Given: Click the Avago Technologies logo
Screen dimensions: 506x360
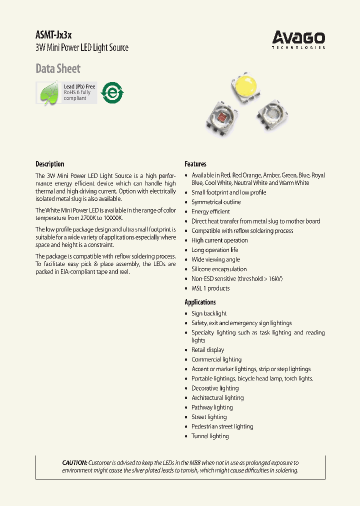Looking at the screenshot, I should click(298, 39).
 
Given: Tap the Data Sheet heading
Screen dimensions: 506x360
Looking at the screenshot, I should click(58, 68).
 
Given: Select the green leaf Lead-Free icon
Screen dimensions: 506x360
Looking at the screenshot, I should click(49, 93).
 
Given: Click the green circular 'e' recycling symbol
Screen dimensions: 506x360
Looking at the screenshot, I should click(112, 92).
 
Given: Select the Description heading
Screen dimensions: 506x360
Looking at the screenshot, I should click(50, 164).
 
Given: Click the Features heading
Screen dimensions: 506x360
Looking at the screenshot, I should click(195, 164).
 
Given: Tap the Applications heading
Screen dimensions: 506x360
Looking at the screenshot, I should click(200, 302).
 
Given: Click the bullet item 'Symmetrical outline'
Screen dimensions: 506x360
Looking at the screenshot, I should click(216, 202).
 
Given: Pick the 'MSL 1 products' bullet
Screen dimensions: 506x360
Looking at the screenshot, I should click(210, 288).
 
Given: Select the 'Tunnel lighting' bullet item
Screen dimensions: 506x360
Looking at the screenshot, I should click(210, 436).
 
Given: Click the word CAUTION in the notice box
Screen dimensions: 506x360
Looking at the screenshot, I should click(74, 463).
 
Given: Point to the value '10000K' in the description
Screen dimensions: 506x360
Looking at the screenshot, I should click(112, 218).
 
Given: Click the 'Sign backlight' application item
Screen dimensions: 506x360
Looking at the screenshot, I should click(208, 313).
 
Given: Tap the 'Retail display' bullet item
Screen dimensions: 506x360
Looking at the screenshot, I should click(207, 350).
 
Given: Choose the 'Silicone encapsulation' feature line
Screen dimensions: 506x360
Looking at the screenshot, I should click(219, 269).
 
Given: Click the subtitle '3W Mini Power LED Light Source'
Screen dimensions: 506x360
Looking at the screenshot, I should click(82, 48).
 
